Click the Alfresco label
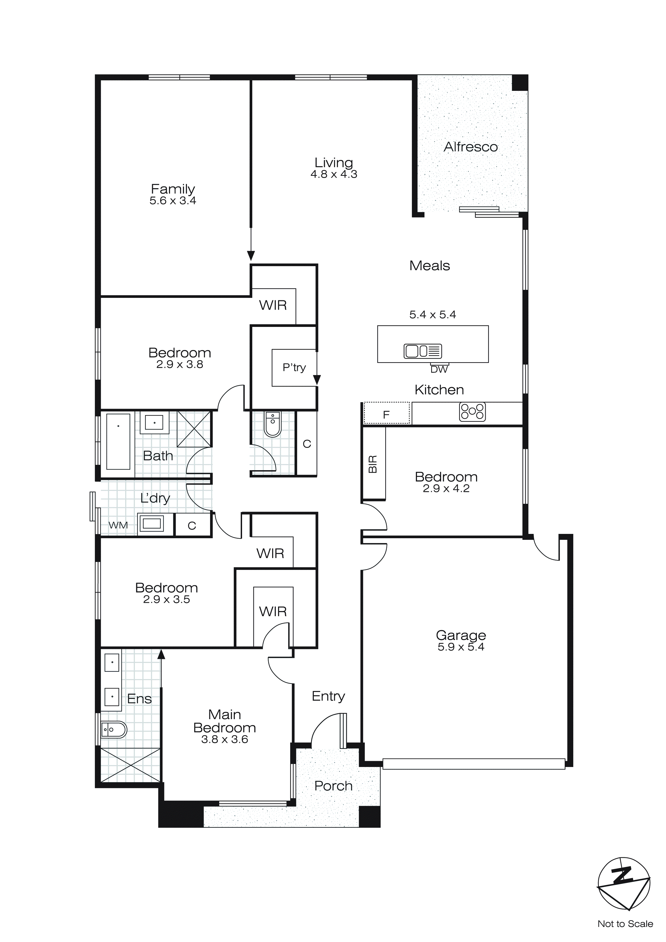click(x=470, y=147)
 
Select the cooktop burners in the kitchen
click(x=473, y=412)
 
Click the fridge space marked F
click(x=386, y=414)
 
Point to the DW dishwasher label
click(x=439, y=369)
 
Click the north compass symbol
click(x=623, y=887)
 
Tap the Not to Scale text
click(x=625, y=923)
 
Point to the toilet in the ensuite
click(x=114, y=729)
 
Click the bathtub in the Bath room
click(x=118, y=441)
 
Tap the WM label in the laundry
click(x=118, y=525)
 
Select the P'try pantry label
click(x=294, y=367)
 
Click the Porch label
click(x=333, y=786)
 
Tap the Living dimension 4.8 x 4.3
click(x=333, y=174)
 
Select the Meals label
click(x=429, y=266)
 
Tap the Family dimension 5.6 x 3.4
click(x=173, y=201)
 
